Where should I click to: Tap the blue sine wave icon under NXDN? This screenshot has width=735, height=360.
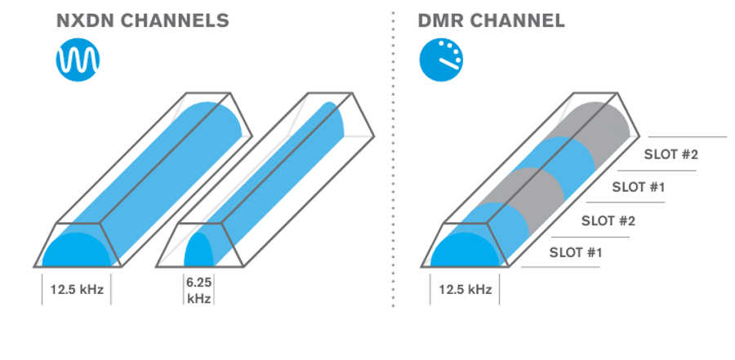pos(78,60)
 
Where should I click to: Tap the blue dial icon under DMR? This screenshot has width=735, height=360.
pos(441,60)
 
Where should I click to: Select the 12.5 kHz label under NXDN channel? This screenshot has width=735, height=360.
pos(77,290)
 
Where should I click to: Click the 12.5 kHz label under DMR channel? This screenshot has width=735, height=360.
pos(465,290)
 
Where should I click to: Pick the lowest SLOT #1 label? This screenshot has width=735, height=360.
pos(576,252)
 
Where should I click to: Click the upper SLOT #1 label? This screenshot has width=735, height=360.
pos(639,187)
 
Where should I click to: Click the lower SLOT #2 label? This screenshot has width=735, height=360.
pos(608,220)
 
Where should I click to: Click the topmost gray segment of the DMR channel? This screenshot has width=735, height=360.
pos(596,122)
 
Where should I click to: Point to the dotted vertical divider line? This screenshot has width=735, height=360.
pos(392,163)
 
